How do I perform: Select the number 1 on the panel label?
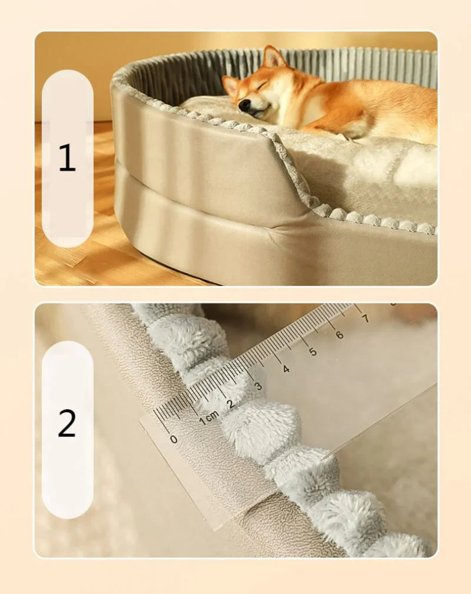67,158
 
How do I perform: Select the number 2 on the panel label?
67,423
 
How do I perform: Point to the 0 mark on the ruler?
173,439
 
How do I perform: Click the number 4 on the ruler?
286,369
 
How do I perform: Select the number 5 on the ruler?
313,352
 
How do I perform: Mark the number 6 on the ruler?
339,335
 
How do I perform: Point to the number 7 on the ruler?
366,318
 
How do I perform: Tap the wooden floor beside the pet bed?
71,265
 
